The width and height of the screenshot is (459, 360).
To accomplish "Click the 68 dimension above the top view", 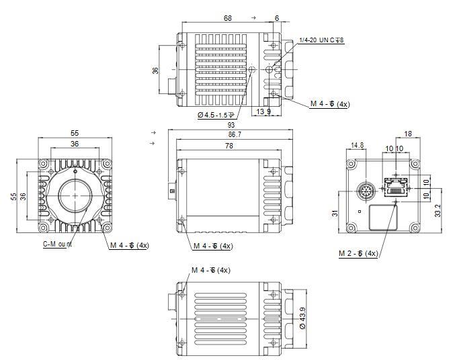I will pos(228,18).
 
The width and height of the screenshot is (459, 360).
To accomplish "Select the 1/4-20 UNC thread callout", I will pos(321,41).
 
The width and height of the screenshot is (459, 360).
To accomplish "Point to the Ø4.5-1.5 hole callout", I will pos(220,115).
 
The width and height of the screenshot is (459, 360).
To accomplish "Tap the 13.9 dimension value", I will pos(264,111).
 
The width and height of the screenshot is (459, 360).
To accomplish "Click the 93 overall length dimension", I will pos(231,125).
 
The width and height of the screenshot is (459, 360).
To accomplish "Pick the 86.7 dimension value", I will pos(231,135).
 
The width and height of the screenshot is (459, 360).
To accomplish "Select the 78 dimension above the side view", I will pos(229,146).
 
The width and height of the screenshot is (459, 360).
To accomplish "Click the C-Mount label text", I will pos(58,244).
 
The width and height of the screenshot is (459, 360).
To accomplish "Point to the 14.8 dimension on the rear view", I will pos(357,144).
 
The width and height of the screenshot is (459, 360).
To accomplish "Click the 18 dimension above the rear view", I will pos(409,134).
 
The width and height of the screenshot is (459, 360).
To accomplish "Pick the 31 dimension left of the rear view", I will pos(335,213).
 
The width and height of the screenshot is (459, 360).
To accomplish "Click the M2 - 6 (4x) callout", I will pos(359,254).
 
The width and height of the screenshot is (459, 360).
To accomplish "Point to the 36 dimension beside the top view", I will pos(155,70).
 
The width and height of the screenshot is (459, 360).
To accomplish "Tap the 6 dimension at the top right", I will pos(277,18).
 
